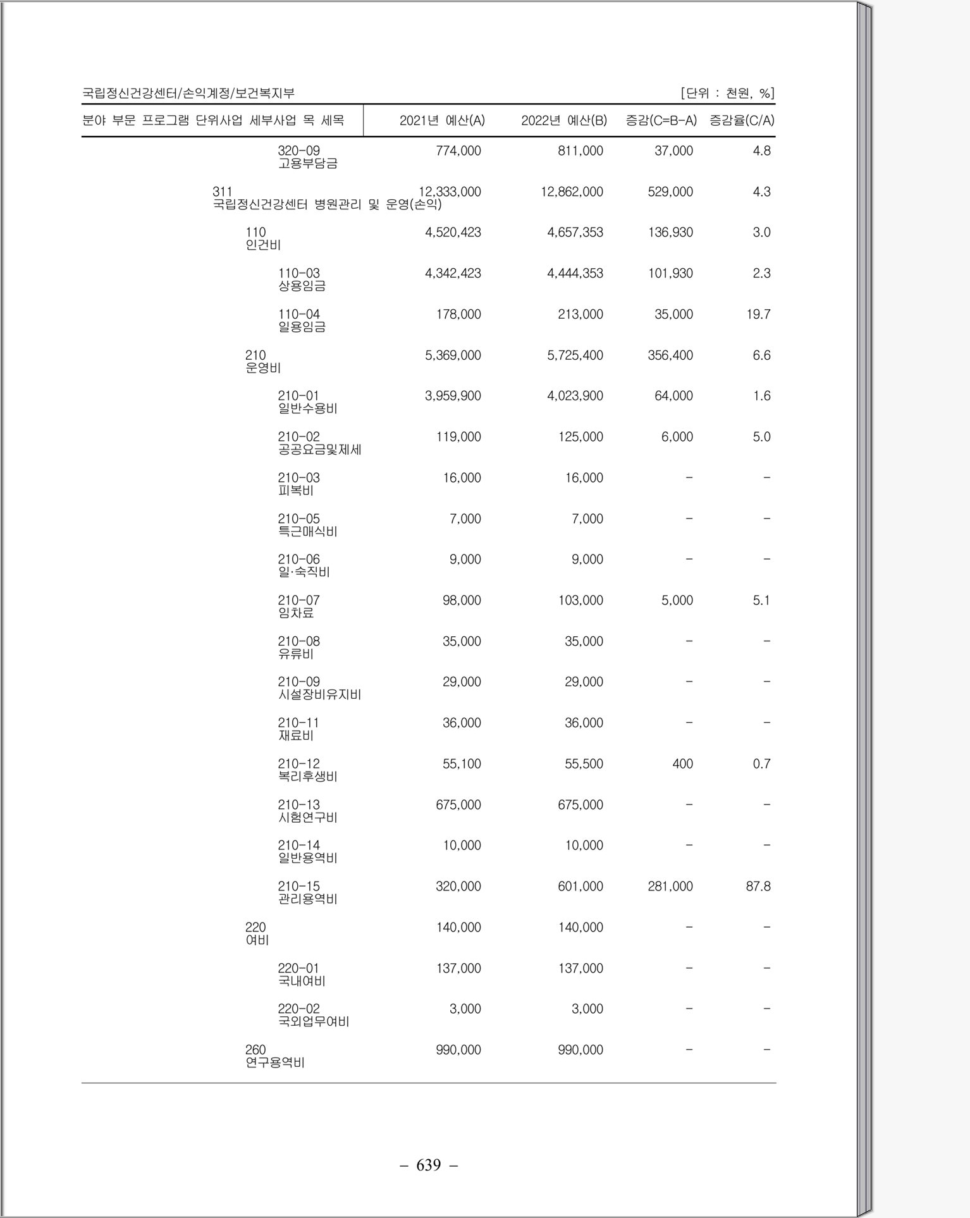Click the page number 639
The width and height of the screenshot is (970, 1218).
[x=429, y=1165]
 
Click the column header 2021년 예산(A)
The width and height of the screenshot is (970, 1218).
[x=442, y=120]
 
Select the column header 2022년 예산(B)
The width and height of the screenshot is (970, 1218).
[x=563, y=120]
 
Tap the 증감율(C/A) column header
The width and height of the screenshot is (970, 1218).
[x=742, y=120]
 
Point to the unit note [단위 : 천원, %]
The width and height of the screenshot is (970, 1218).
[x=727, y=94]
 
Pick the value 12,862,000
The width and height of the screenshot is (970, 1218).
[x=572, y=192]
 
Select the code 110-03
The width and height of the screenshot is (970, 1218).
[x=298, y=273]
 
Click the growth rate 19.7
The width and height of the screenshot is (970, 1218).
[x=758, y=314]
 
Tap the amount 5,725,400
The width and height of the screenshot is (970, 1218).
[x=575, y=355]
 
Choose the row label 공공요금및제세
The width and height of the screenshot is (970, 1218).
[x=319, y=450]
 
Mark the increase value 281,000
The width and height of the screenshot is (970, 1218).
[x=670, y=887]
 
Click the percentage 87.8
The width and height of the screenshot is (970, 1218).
[x=758, y=887]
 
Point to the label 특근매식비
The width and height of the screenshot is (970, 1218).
[x=307, y=532]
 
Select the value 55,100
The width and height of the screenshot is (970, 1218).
[x=462, y=764]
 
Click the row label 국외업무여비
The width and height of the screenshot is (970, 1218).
[x=313, y=1022]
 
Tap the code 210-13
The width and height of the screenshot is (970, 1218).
[x=298, y=805]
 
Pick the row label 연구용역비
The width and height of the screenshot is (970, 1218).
[x=274, y=1063]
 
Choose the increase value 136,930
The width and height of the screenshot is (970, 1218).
[x=670, y=233]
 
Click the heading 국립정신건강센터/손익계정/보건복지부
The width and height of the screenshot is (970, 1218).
[x=188, y=94]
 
